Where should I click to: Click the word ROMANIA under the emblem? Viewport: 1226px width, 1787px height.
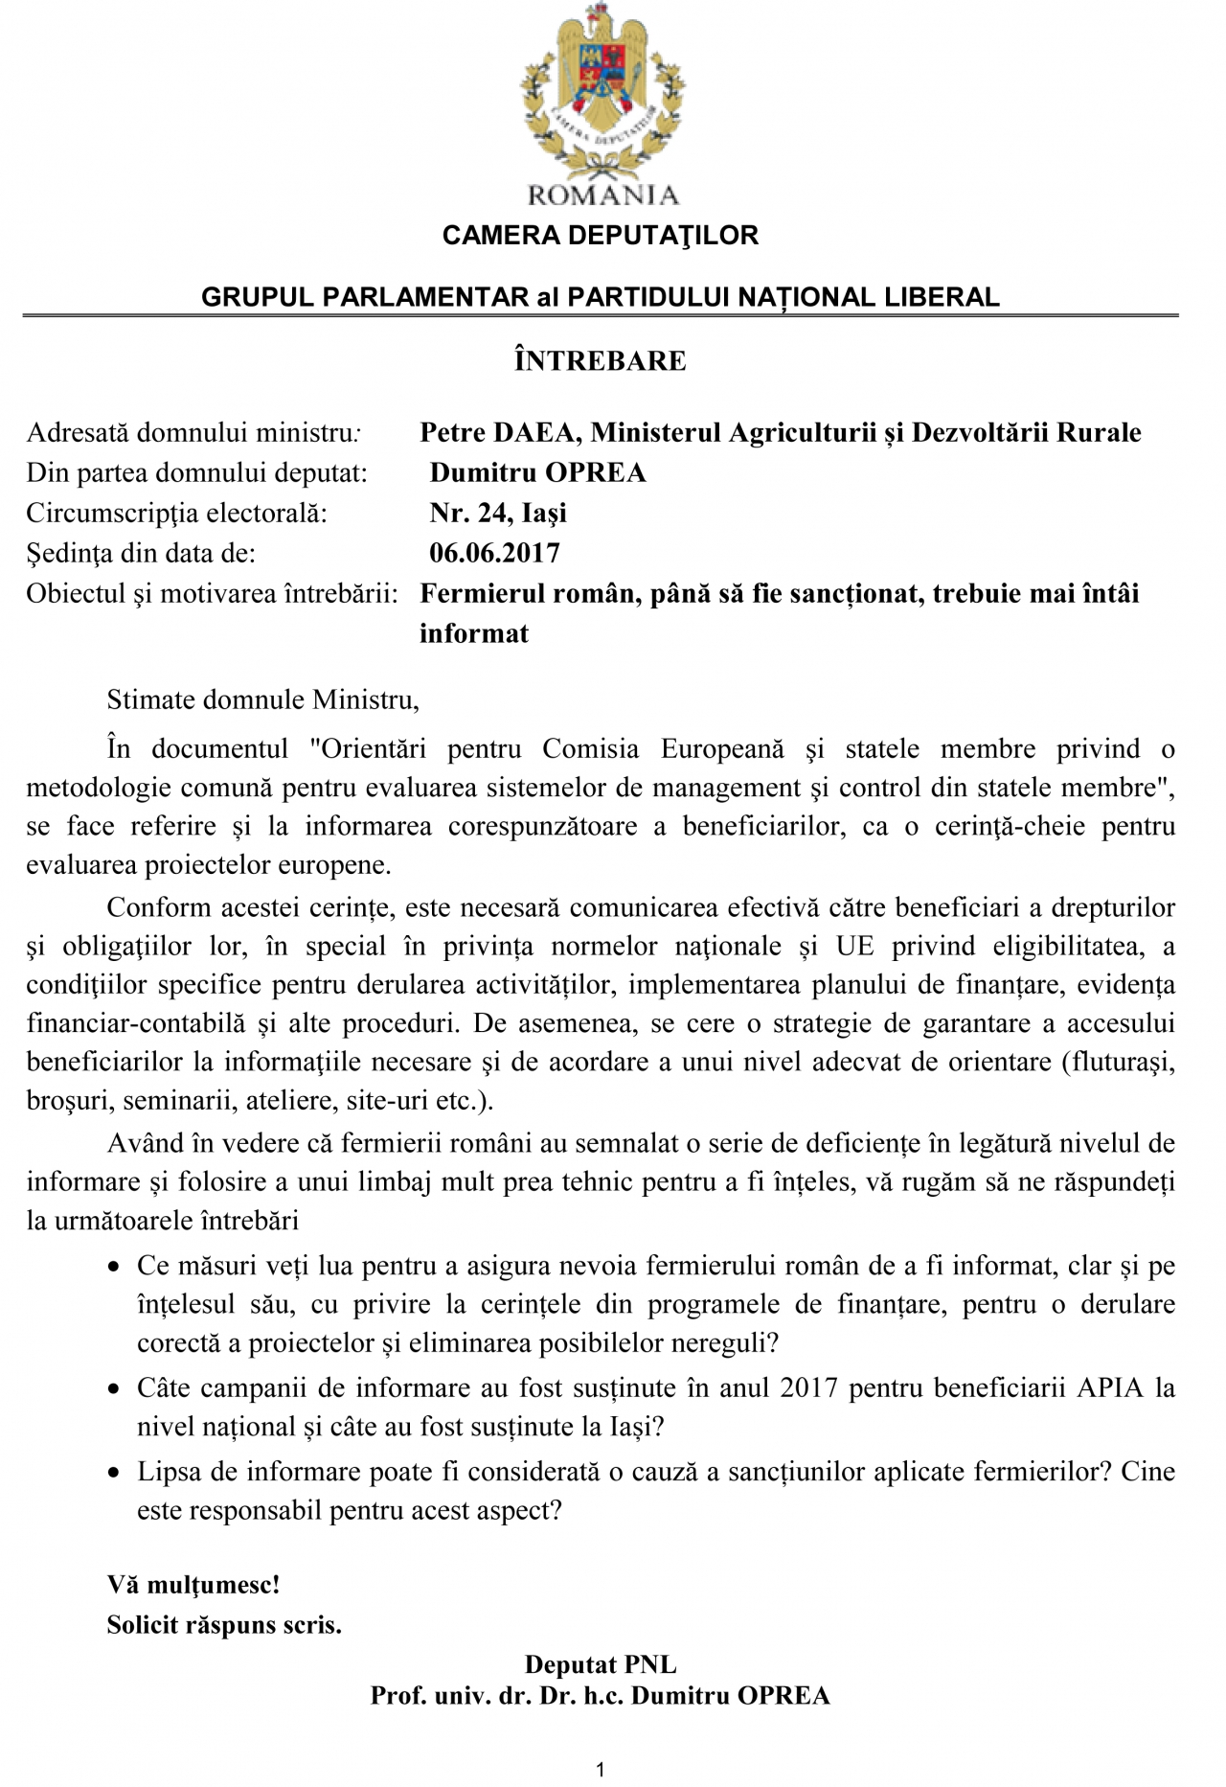[x=602, y=195]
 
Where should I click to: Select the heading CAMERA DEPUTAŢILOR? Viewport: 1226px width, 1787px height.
[x=601, y=236]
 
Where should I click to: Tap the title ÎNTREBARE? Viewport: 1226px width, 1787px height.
[x=601, y=361]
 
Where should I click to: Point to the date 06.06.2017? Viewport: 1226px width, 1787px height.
[x=494, y=553]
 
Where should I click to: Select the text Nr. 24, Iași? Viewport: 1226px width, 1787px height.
[x=498, y=513]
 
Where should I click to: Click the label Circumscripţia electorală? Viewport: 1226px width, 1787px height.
[x=177, y=514]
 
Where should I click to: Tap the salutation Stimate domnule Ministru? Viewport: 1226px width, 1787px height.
[x=262, y=699]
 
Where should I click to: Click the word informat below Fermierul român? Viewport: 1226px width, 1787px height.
[x=474, y=633]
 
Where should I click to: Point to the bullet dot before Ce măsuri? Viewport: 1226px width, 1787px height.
[x=115, y=1267]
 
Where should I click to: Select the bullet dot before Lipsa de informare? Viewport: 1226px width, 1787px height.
[x=115, y=1473]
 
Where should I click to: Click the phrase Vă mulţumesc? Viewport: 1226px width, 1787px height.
[x=193, y=1585]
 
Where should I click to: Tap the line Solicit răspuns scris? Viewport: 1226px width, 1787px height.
[x=224, y=1625]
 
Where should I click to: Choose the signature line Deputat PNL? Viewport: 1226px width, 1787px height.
[x=601, y=1665]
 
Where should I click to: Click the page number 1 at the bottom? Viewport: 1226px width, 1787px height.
[x=601, y=1770]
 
